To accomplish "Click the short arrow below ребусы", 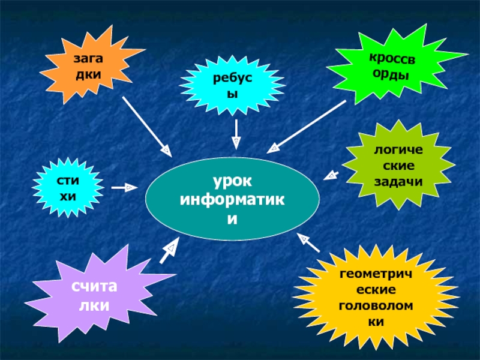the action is [236, 134].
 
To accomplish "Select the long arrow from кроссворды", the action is [307, 127].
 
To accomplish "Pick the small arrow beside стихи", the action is [124, 188].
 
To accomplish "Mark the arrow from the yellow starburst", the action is [308, 242].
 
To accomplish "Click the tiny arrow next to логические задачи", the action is [331, 175].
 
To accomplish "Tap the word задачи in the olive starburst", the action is [398, 182].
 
